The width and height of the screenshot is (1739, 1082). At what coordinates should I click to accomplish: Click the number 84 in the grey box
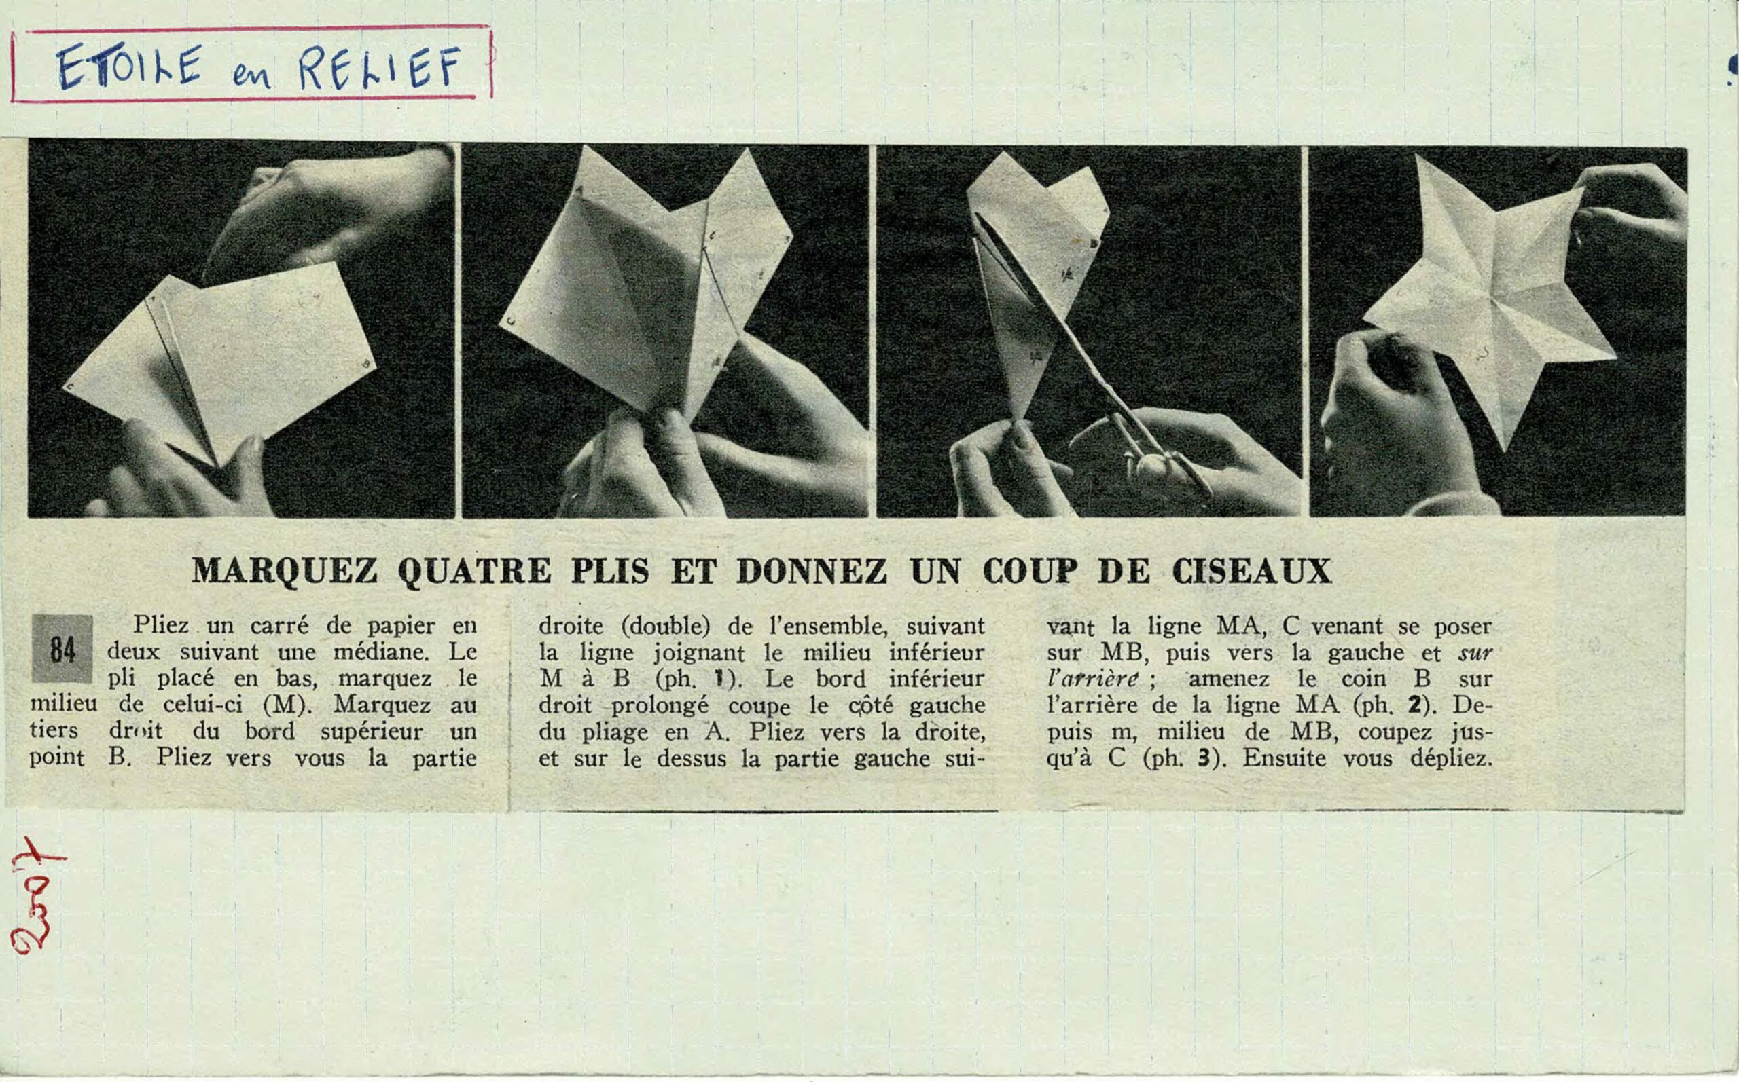[62, 648]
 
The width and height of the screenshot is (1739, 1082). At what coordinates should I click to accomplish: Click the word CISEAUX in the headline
[1251, 571]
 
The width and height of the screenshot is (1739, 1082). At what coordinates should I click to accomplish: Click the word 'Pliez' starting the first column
[160, 625]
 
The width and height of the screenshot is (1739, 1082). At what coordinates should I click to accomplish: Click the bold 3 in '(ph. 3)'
[1205, 758]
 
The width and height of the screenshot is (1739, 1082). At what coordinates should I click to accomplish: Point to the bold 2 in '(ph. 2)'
[1415, 705]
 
